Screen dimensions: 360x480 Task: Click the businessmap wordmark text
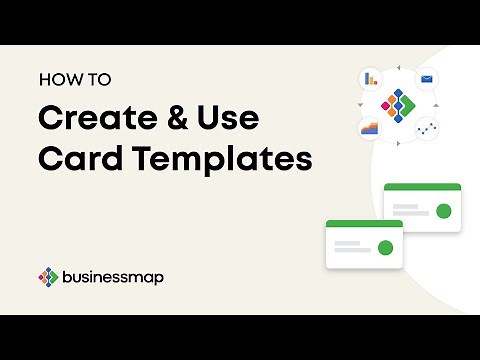(114, 276)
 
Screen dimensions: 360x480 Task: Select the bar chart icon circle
(371, 78)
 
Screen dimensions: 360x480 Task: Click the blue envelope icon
(426, 78)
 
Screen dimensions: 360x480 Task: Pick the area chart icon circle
(370, 128)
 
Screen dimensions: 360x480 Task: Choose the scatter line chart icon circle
(426, 128)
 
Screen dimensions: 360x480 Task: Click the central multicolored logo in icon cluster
(398, 103)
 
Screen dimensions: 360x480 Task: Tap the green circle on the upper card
(444, 211)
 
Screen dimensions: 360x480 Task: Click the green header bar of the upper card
(422, 187)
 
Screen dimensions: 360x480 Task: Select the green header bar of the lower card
(364, 223)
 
